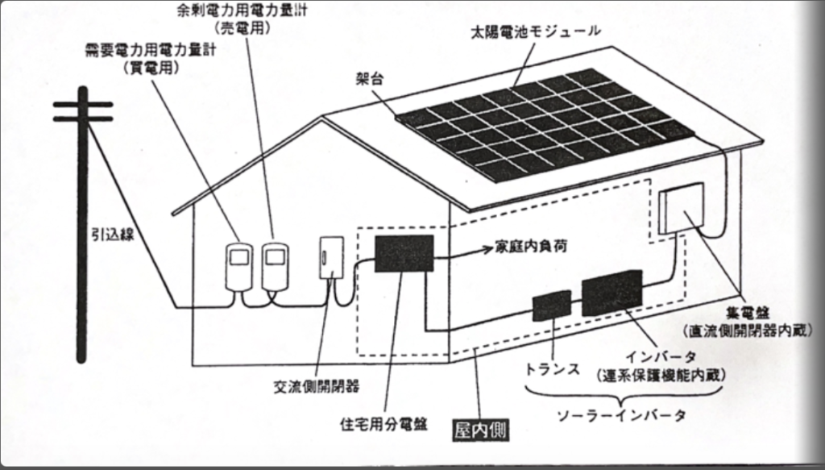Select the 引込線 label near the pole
[109, 235]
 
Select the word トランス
[553, 369]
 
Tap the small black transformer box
[552, 306]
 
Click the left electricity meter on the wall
[238, 264]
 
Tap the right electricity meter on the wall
[275, 264]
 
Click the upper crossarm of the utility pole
[83, 104]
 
